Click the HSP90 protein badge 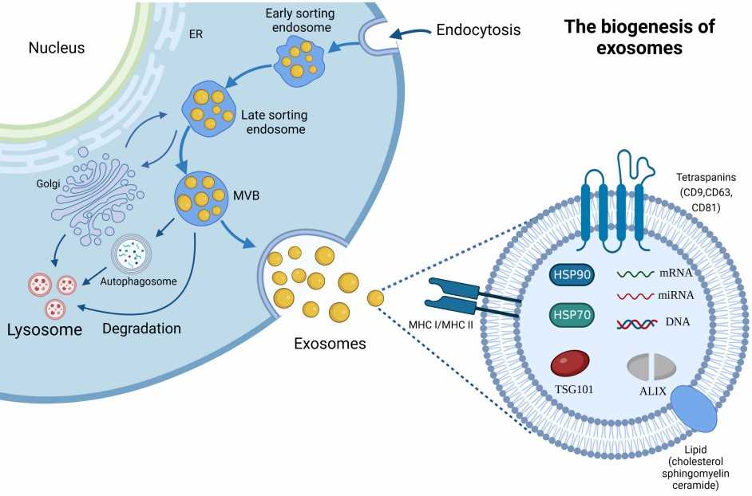[x=571, y=275]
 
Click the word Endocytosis [x=478, y=31]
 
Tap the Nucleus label [x=57, y=49]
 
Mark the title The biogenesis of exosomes [x=639, y=37]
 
